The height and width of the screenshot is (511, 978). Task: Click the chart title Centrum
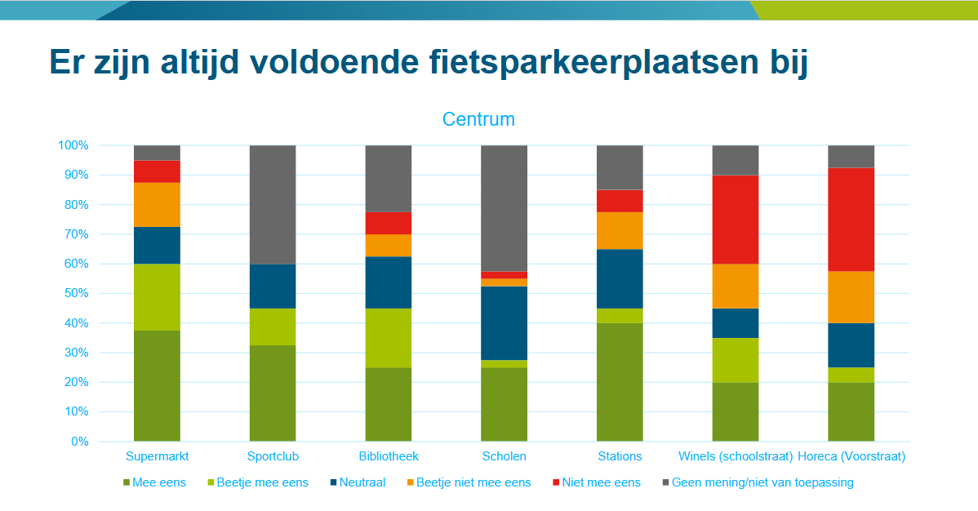[x=478, y=119]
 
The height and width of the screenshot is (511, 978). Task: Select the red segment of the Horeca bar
[x=851, y=219]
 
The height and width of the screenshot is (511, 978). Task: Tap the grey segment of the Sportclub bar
[x=273, y=204]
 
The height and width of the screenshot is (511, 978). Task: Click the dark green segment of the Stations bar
[x=620, y=382]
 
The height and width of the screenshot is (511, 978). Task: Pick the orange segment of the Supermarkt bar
[x=157, y=204]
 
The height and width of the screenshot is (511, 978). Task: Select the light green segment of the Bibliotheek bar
[x=388, y=337]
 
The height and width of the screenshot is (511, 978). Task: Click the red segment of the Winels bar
[x=736, y=219]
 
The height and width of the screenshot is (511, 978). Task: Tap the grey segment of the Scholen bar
[x=504, y=208]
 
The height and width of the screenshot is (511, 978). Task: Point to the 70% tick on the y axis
[x=73, y=234]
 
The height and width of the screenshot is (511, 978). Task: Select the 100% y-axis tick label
[x=73, y=145]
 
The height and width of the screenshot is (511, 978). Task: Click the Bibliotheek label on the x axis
[x=389, y=456]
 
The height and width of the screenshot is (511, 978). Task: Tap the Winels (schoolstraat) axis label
[x=736, y=456]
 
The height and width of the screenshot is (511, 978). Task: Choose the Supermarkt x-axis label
[x=157, y=456]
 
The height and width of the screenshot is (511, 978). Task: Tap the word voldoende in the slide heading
[x=326, y=62]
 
